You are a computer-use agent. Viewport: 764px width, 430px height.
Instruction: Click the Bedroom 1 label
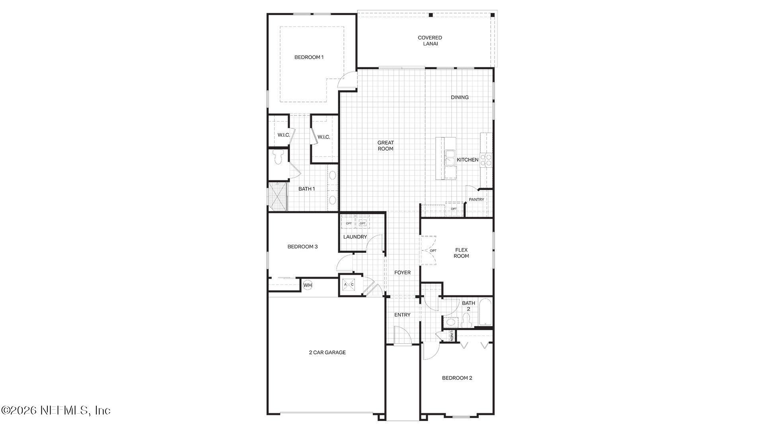coord(309,57)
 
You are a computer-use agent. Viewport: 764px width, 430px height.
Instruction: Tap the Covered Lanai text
coord(430,41)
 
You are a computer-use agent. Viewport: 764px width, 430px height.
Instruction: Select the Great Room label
coord(385,146)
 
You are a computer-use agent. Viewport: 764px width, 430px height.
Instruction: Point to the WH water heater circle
coord(308,285)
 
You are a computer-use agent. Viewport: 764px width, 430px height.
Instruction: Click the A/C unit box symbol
coord(349,285)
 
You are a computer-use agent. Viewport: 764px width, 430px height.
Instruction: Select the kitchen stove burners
coord(486,160)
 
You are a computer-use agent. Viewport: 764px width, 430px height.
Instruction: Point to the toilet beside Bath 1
coord(279,157)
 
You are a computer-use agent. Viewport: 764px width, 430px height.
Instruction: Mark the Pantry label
coord(476,199)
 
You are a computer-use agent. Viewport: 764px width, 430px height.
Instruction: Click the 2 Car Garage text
coord(327,352)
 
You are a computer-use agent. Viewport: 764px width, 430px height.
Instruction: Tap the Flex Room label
coord(461,253)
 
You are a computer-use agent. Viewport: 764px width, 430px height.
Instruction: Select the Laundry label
coord(355,237)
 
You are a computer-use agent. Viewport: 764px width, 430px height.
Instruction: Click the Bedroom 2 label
coord(457,378)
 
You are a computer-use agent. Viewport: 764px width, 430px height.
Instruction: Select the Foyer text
coord(402,273)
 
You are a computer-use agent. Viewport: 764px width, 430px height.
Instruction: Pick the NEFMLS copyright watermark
coord(56,410)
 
